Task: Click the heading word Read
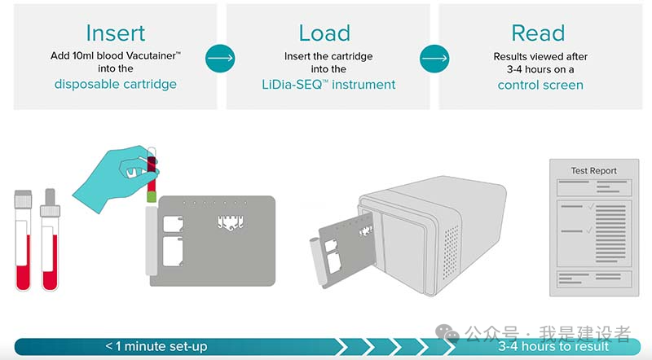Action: point(538,33)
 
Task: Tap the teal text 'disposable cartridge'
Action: point(115,84)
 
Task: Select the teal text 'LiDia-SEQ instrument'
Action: point(328,84)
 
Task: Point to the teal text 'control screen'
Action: point(540,84)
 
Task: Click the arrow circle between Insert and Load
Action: point(220,58)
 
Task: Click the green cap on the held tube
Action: point(151,195)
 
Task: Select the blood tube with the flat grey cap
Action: point(23,240)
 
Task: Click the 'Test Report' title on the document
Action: point(593,171)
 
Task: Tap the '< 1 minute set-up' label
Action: point(156,346)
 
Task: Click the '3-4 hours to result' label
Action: point(553,346)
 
